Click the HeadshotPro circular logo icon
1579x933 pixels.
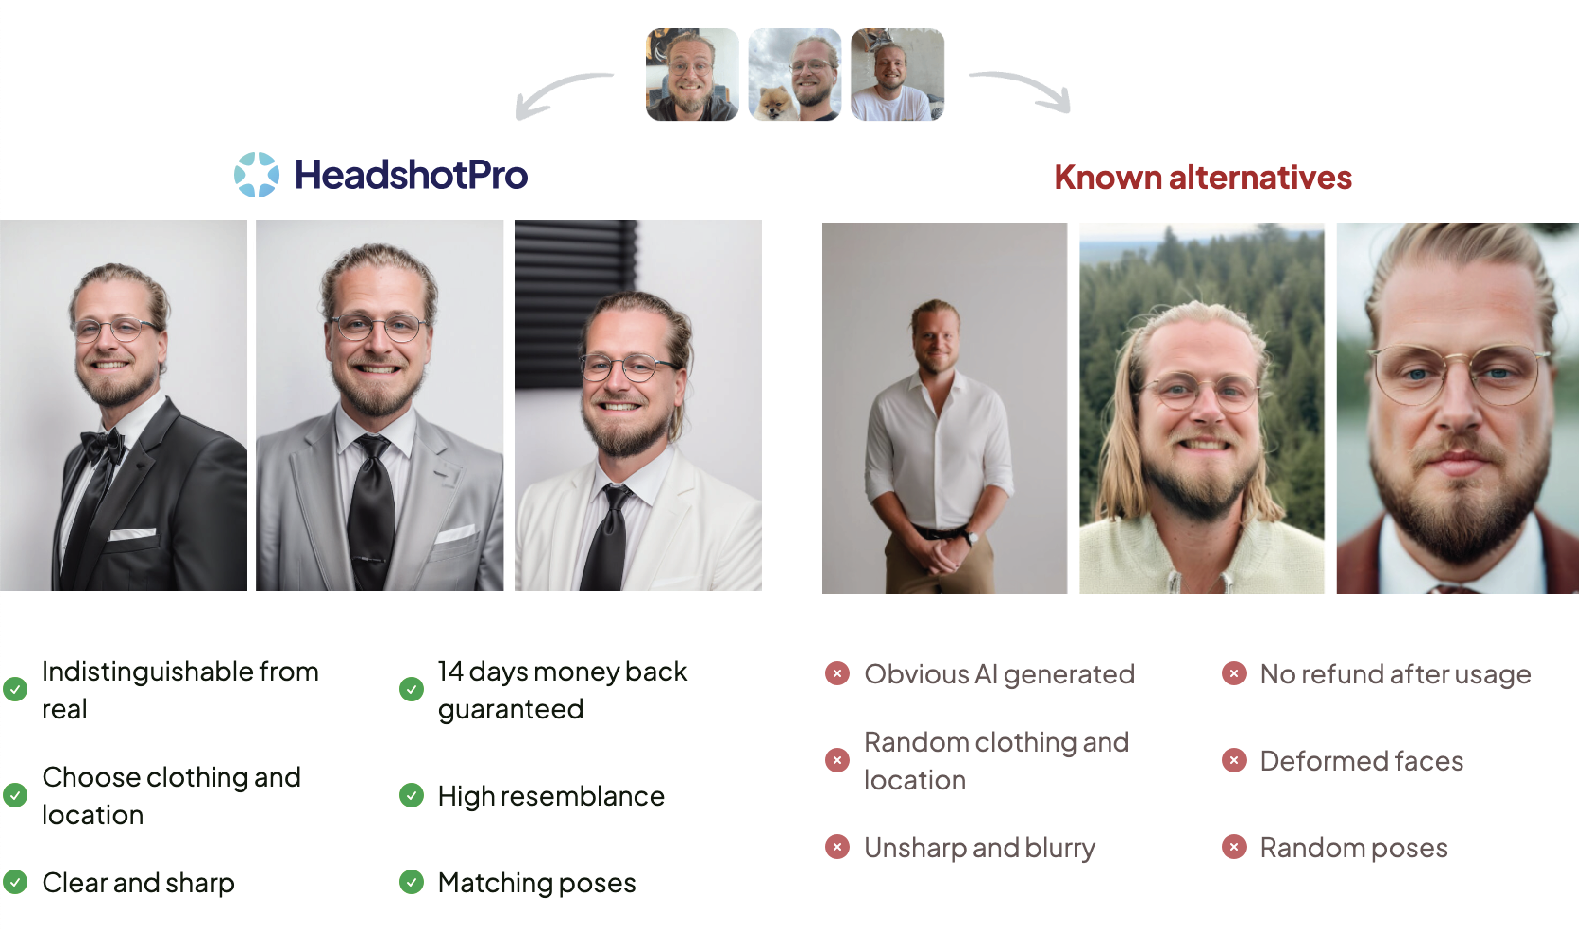(x=257, y=175)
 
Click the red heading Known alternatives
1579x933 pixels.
(x=1202, y=177)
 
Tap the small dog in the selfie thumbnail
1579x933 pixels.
(x=774, y=102)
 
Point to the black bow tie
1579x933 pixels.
(x=102, y=445)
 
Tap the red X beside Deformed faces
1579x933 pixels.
(x=1233, y=760)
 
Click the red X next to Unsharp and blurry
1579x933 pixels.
(x=837, y=847)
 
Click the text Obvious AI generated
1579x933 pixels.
(x=999, y=674)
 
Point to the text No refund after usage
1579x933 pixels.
(x=1395, y=674)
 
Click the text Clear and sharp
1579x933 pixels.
(x=138, y=883)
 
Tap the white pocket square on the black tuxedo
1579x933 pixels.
(x=132, y=534)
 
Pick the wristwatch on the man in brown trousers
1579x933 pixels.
(x=972, y=538)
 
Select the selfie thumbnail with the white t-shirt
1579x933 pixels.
(x=897, y=74)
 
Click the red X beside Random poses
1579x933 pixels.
(x=1233, y=847)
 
